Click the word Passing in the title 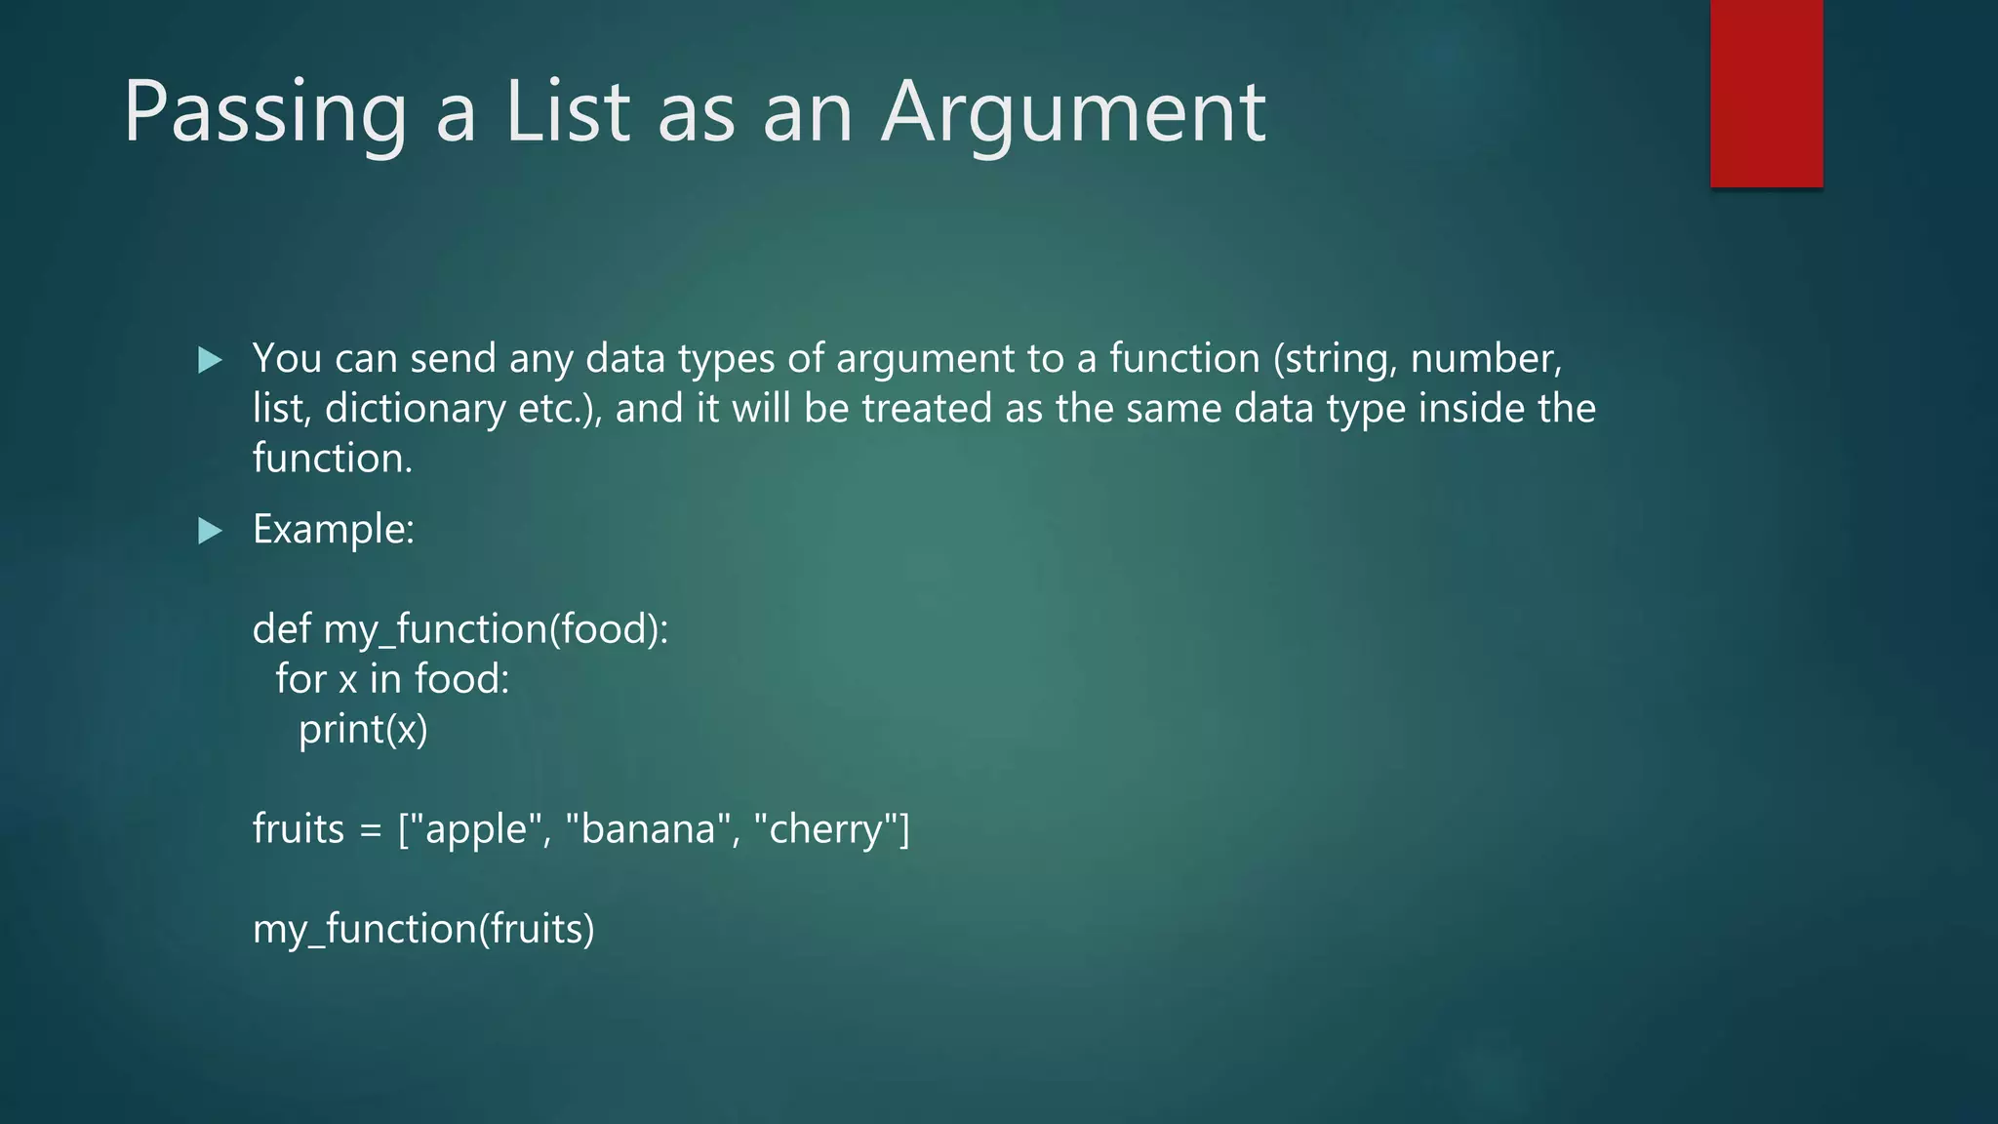(264, 113)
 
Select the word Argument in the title (1073, 113)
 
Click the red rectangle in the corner (1766, 94)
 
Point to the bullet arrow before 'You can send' (210, 360)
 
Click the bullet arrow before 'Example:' (210, 531)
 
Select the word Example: (334, 530)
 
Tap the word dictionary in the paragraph (415, 409)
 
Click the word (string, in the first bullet (1336, 359)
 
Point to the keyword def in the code (281, 629)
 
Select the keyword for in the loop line (300, 679)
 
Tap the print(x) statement (363, 730)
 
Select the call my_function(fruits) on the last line (423, 929)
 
